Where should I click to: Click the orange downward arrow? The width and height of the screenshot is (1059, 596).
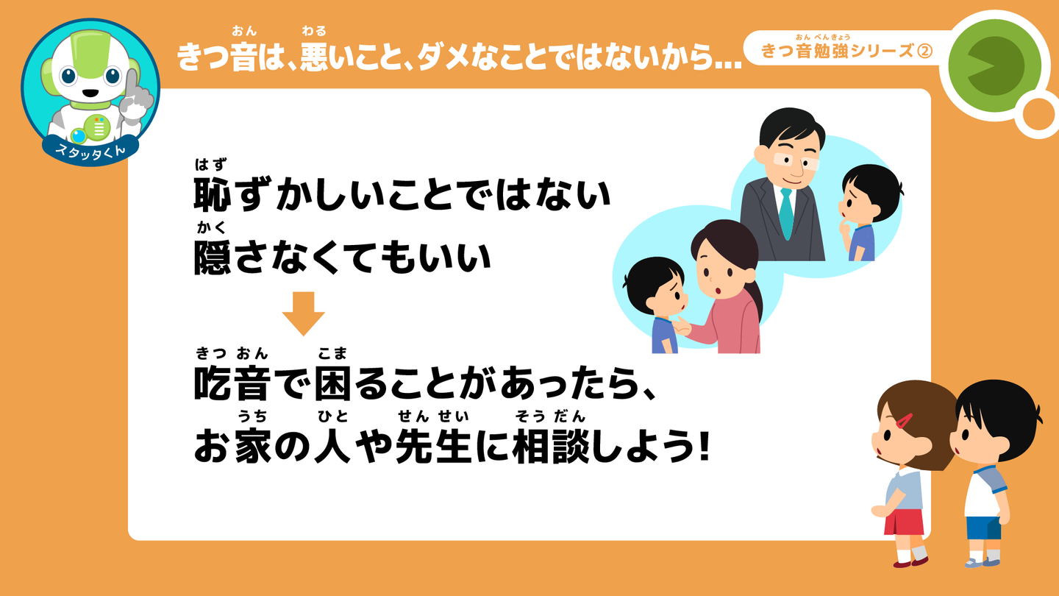[304, 313]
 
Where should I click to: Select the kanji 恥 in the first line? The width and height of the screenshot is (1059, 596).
[213, 194]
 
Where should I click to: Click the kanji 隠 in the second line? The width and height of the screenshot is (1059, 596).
[213, 258]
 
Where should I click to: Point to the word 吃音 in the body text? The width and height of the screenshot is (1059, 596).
[232, 383]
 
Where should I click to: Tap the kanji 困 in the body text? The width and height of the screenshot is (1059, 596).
[333, 383]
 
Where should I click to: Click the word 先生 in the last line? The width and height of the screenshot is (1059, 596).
[434, 446]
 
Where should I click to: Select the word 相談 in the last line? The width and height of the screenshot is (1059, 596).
[552, 446]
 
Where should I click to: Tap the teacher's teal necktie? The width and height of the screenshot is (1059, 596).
[786, 213]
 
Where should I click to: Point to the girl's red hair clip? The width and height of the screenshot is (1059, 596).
[904, 421]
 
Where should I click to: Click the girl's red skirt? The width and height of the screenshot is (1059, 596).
[904, 522]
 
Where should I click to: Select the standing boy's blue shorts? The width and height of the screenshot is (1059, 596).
[983, 528]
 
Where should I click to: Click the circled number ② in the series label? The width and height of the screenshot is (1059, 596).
[924, 51]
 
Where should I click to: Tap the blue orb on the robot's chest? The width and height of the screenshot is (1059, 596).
[79, 135]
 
